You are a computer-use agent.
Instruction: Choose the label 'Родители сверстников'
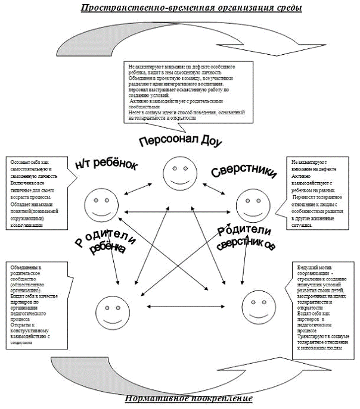coord(244,239)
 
